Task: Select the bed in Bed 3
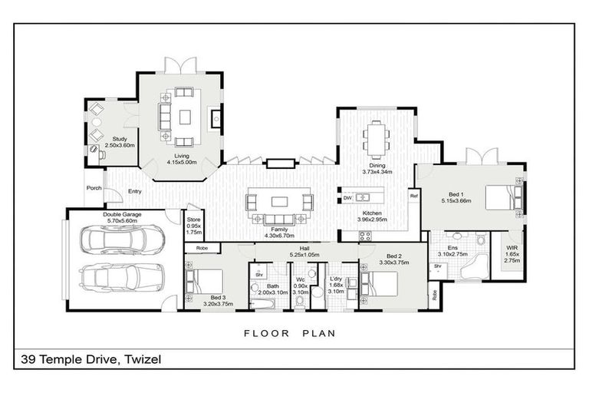[x=203, y=280]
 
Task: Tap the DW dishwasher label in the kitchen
[x=347, y=198]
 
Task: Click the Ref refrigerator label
[x=413, y=196]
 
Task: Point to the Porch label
[x=94, y=188]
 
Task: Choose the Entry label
[x=135, y=191]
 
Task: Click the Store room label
[x=194, y=220]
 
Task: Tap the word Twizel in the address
[x=141, y=359]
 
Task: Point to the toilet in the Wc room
[x=300, y=301]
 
